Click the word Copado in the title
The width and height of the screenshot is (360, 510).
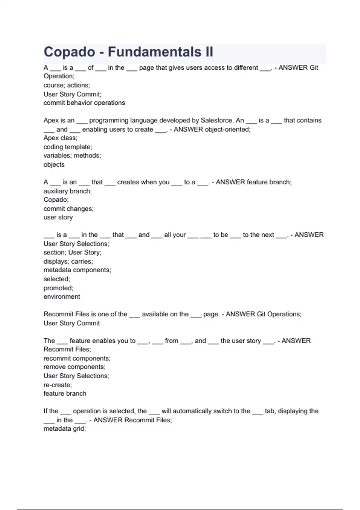(x=69, y=52)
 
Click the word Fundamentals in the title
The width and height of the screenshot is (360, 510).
(x=154, y=52)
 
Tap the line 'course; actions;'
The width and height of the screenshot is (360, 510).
(x=67, y=85)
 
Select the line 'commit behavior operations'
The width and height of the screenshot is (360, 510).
(x=84, y=103)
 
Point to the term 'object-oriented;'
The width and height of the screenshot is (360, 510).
(x=227, y=129)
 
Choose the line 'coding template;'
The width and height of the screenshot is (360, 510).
(x=68, y=147)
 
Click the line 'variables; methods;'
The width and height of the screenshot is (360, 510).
(x=72, y=155)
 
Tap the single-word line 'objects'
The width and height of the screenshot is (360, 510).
(x=54, y=164)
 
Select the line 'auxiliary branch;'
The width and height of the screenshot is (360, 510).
(x=67, y=191)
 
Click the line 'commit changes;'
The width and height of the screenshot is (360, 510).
(x=68, y=209)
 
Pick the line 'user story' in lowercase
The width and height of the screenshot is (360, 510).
(x=58, y=217)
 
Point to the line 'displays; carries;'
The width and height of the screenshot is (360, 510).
(x=68, y=261)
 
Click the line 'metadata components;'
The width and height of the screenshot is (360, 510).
(x=77, y=270)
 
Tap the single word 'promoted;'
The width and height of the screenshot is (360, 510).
(x=58, y=288)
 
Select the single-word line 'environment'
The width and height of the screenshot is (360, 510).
(x=62, y=297)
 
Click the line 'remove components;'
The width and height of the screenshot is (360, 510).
(x=74, y=367)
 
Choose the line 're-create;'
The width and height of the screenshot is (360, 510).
(x=58, y=385)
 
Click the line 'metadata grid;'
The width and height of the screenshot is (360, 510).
(x=64, y=429)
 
